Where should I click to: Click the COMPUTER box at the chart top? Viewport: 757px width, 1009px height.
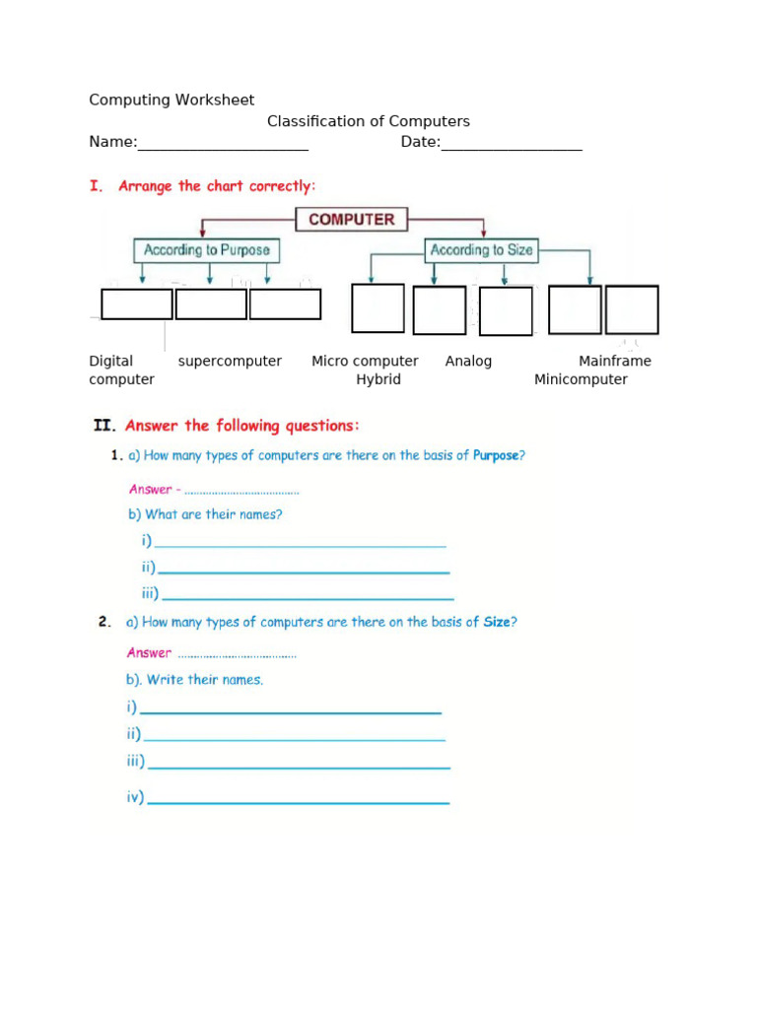351,220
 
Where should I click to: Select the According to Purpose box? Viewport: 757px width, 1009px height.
206,250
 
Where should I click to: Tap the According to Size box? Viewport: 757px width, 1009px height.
482,250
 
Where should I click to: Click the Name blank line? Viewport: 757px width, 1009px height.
223,144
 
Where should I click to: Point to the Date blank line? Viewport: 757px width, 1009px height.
512,144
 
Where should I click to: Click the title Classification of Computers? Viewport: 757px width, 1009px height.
369,121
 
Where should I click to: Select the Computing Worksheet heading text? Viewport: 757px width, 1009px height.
172,100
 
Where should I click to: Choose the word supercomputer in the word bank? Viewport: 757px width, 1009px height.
230,361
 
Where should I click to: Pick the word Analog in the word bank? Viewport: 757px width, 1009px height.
468,361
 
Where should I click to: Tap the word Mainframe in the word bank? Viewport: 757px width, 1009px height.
615,361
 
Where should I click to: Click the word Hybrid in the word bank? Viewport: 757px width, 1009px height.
378,379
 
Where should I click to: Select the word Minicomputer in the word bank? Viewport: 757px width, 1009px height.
581,379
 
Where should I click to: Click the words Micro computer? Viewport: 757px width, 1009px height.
365,361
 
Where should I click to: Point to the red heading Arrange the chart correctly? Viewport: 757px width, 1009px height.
217,186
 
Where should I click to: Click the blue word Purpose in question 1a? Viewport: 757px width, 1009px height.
496,456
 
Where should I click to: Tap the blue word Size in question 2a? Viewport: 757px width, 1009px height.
497,622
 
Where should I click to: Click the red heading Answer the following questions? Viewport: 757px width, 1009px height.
242,426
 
